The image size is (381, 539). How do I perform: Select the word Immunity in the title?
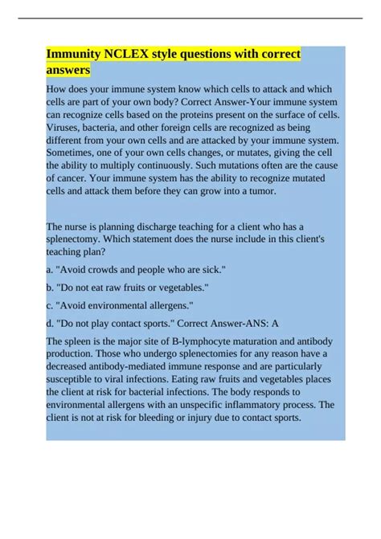(72, 55)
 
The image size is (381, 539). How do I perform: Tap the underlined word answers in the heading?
(69, 71)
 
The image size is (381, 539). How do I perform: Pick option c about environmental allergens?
(124, 304)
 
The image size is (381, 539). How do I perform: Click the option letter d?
(50, 321)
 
